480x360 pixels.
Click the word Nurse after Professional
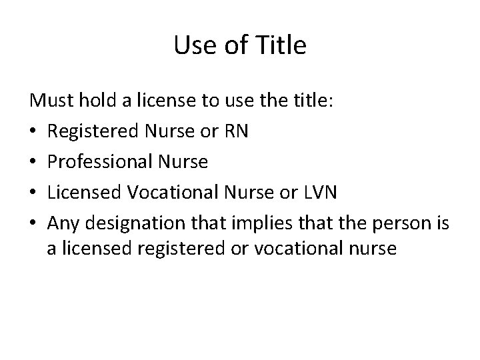point(183,162)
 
